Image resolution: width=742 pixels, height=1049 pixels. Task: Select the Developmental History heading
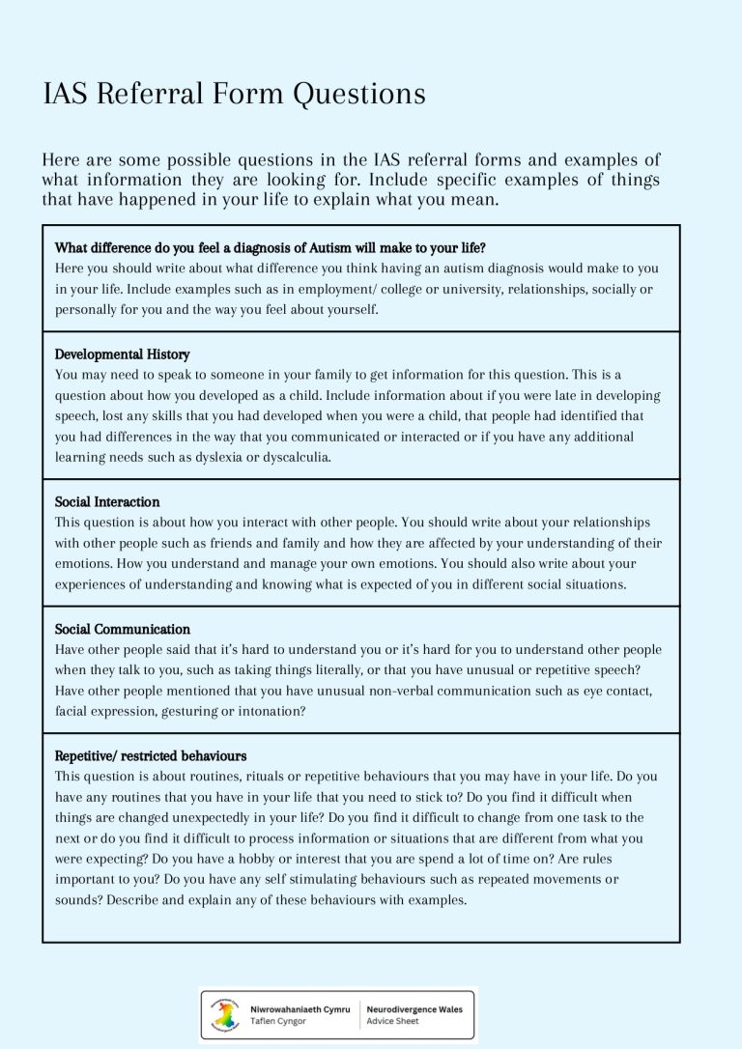122,354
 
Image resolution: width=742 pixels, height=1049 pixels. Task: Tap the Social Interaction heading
107,502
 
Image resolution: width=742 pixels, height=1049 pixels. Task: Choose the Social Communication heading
122,629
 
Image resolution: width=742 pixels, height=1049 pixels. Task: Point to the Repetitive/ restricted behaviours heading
151,755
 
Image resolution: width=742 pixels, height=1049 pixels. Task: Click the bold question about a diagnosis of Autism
270,247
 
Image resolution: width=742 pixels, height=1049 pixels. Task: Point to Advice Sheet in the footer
392,1021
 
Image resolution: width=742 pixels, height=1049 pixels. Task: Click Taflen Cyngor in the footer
277,1021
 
